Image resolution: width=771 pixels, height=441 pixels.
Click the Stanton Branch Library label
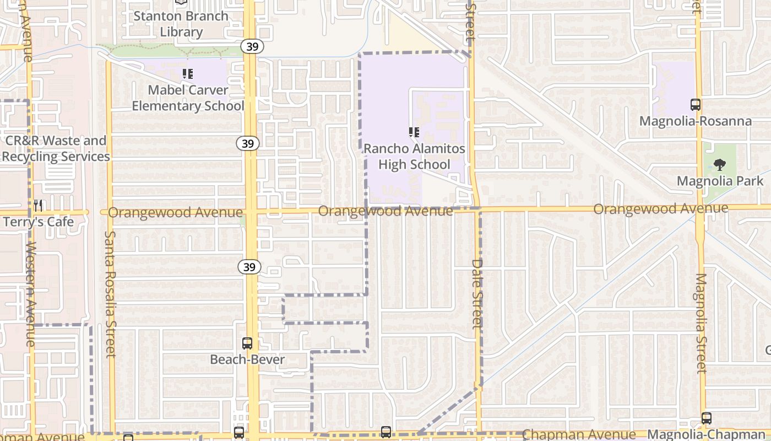pyautogui.click(x=181, y=24)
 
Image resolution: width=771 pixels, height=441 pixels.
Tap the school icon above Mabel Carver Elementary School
pyautogui.click(x=188, y=73)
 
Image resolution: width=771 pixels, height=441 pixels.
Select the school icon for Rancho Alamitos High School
pyautogui.click(x=414, y=132)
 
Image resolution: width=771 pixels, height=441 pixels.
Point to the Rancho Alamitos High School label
pyautogui.click(x=414, y=157)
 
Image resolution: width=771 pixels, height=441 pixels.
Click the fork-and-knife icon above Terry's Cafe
pyautogui.click(x=38, y=206)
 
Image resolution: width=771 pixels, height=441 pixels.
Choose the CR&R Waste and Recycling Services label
pyautogui.click(x=55, y=148)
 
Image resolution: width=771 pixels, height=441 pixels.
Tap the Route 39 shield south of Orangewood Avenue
pyautogui.click(x=249, y=267)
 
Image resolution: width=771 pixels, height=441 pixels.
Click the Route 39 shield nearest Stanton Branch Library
pyautogui.click(x=252, y=46)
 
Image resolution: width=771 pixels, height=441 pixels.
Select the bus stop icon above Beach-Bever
pyautogui.click(x=247, y=343)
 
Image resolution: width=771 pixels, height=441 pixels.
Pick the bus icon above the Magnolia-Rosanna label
pyautogui.click(x=695, y=104)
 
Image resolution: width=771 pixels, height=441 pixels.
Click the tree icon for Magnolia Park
pyautogui.click(x=719, y=164)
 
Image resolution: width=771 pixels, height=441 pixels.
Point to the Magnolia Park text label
pyautogui.click(x=720, y=181)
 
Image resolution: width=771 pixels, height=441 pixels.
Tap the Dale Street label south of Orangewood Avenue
pyautogui.click(x=477, y=294)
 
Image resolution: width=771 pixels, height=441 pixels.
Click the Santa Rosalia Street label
pyautogui.click(x=110, y=294)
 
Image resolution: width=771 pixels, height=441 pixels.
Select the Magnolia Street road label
pyautogui.click(x=700, y=323)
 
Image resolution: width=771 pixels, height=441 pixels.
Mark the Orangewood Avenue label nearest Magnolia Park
pyautogui.click(x=660, y=209)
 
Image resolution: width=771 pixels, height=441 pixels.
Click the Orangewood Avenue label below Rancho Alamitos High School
pyautogui.click(x=385, y=211)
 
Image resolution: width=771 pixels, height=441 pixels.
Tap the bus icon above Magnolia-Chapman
pyautogui.click(x=707, y=418)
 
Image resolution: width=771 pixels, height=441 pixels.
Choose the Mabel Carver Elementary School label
pyautogui.click(x=188, y=98)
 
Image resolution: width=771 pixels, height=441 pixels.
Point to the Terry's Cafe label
pyautogui.click(x=39, y=222)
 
